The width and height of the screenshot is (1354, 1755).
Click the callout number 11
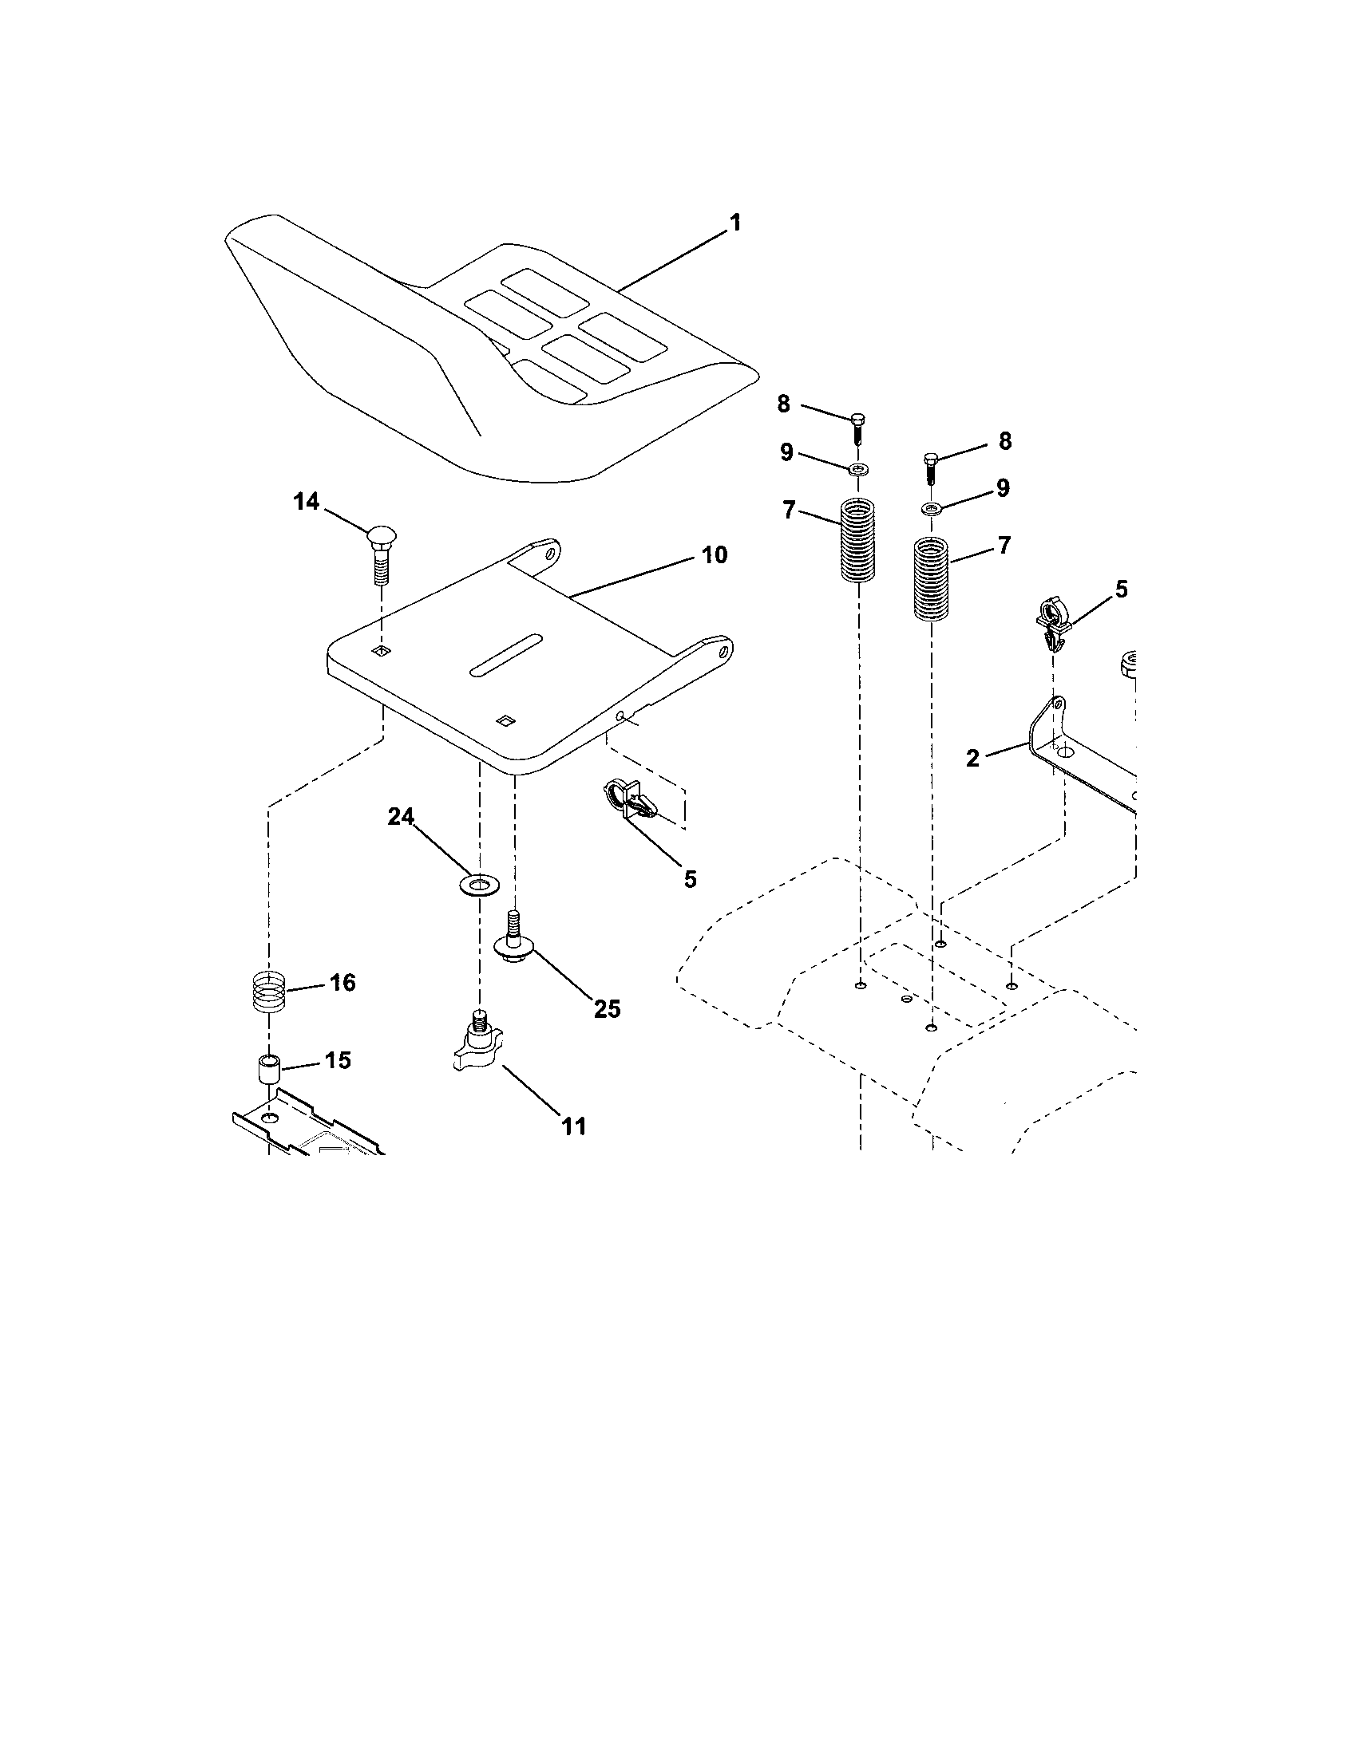pos(573,1126)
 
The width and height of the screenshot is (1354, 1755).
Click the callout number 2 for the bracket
pos(973,758)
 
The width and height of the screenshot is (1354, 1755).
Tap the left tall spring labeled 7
pos(858,540)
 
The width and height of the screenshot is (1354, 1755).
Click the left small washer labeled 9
pos(861,468)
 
